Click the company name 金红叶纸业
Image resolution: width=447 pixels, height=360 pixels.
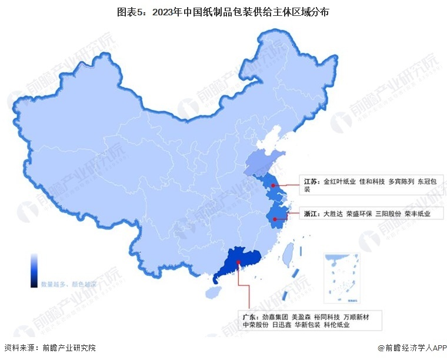point(340,182)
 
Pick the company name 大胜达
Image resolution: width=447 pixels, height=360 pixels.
point(333,214)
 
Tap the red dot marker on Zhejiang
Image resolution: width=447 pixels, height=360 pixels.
point(275,219)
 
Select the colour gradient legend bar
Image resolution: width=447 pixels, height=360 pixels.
point(35,271)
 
